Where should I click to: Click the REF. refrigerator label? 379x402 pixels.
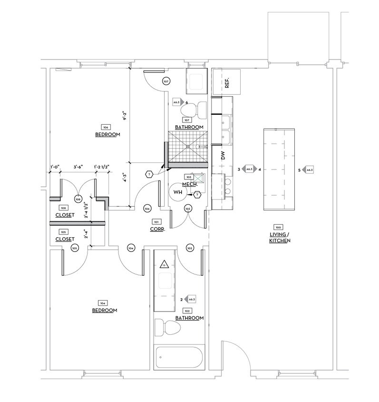(227, 83)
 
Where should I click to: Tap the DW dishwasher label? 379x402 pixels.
(222, 155)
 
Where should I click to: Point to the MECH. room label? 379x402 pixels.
(190, 184)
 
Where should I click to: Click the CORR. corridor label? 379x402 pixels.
(157, 229)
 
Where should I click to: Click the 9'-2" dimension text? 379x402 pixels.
(125, 116)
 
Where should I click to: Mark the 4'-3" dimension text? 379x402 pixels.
(125, 177)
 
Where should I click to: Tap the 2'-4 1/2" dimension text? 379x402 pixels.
(86, 210)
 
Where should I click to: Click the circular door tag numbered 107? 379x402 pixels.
(166, 81)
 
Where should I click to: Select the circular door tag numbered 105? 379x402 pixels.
(74, 248)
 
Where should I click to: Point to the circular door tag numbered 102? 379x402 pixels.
(190, 248)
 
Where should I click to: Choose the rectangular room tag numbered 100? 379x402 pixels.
(278, 227)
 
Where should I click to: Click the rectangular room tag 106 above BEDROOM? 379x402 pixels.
(106, 127)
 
